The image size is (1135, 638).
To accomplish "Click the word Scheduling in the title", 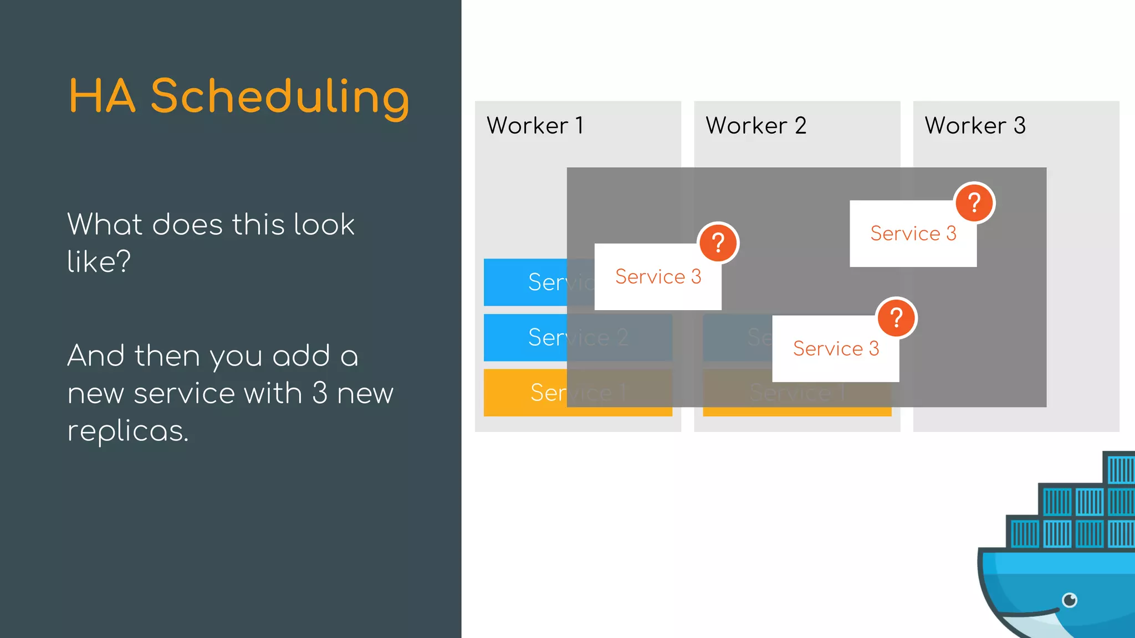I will tap(280, 97).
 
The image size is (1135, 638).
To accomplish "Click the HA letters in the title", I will tap(102, 97).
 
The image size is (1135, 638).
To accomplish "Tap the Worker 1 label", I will tap(535, 126).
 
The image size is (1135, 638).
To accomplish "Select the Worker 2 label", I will tap(755, 126).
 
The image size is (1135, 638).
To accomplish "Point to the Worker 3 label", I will tap(975, 126).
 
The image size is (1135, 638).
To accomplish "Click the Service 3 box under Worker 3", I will tap(913, 234).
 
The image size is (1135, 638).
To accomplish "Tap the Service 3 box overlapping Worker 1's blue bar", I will tap(658, 277).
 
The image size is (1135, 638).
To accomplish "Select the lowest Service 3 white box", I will tap(835, 349).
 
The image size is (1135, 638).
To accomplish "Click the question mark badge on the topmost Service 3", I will tap(974, 203).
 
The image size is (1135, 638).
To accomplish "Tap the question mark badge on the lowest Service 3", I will tap(896, 318).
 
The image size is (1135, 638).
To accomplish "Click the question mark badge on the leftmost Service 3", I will tap(718, 243).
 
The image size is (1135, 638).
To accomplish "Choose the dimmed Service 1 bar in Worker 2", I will tap(797, 393).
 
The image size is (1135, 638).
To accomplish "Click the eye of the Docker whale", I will tap(1070, 600).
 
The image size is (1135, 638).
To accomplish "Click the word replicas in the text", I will tap(127, 431).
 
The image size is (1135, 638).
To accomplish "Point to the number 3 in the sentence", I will tap(320, 393).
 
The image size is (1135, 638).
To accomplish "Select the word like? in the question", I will tap(99, 261).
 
